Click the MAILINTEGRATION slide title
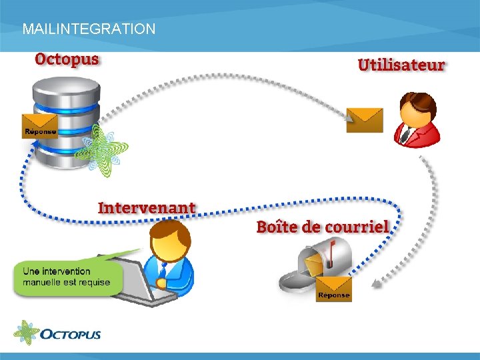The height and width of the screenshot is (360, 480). point(89,29)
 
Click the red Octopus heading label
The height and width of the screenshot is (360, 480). point(67,59)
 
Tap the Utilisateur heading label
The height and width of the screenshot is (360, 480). point(401,65)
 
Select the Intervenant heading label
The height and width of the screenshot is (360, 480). point(147,207)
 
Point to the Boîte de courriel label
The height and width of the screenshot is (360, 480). point(323,226)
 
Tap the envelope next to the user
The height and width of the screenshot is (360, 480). point(365,120)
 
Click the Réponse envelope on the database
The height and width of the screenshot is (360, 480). point(40,125)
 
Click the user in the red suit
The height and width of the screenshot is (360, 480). point(417,120)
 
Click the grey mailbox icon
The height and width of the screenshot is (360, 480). point(313,263)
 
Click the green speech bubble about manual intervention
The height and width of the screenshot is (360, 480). point(67,277)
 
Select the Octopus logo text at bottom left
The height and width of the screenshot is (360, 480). point(70,333)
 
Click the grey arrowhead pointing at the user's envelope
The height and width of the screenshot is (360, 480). point(349,118)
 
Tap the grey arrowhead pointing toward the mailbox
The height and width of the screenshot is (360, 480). point(377,284)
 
